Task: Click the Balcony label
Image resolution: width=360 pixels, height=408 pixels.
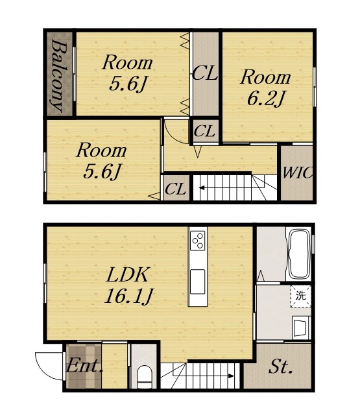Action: (59, 75)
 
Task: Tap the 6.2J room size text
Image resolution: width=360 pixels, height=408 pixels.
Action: (265, 99)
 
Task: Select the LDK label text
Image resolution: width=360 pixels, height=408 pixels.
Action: (128, 275)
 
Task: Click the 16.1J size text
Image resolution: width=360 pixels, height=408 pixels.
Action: (129, 296)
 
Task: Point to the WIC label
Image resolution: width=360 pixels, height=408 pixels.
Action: (297, 173)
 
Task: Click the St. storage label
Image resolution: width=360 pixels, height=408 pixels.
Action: (280, 366)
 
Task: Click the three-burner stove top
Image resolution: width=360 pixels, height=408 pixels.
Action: (198, 240)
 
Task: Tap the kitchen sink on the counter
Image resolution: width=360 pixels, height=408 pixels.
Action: (198, 282)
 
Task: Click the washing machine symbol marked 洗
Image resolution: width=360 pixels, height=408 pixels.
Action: (301, 296)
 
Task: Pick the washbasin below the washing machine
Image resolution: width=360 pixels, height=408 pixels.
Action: (301, 328)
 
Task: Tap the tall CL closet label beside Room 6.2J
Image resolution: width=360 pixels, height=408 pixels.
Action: (205, 73)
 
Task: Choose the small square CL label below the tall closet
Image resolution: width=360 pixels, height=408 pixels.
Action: (205, 130)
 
